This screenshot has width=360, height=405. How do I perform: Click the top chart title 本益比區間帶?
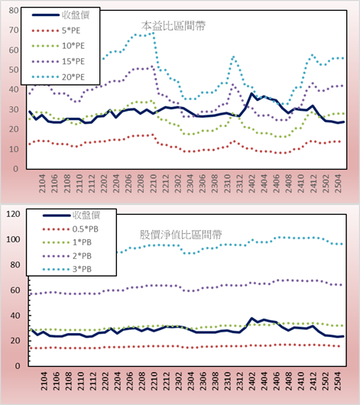(x=174, y=26)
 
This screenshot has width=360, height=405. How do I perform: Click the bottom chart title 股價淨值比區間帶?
(x=180, y=235)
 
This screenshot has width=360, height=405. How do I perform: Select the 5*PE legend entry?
(x=56, y=31)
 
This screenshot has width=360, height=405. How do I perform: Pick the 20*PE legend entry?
(x=58, y=77)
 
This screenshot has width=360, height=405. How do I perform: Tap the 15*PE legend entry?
(x=58, y=61)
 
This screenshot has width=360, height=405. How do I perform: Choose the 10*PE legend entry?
(x=58, y=46)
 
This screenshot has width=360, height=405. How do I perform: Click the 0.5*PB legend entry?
(x=70, y=229)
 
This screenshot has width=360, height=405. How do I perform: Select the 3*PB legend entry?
(x=67, y=269)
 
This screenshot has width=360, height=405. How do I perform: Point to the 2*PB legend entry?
(x=67, y=256)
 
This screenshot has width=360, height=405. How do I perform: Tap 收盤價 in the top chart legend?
(x=60, y=15)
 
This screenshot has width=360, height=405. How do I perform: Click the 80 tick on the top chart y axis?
(x=14, y=11)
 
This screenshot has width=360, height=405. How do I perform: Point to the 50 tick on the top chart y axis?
(x=14, y=70)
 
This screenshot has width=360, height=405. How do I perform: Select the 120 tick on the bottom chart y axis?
(x=13, y=214)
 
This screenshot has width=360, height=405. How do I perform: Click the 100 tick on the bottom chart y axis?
(x=13, y=239)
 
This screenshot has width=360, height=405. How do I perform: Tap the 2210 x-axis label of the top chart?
(x=154, y=183)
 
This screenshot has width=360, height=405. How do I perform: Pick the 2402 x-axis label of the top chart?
(x=252, y=183)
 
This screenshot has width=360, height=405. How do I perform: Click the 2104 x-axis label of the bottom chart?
(x=44, y=381)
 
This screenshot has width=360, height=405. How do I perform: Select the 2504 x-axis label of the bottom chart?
(x=338, y=381)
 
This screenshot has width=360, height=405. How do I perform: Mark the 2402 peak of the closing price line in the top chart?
(x=251, y=93)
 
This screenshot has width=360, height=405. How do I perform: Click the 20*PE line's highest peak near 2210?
(x=154, y=33)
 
